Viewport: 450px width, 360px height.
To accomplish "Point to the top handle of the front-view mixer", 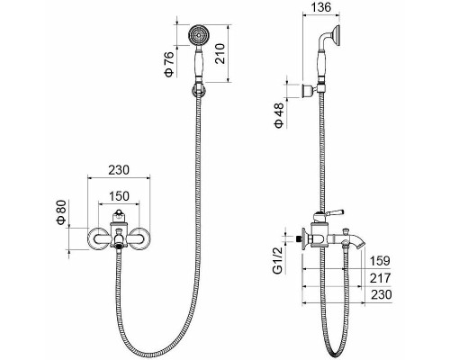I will click(118, 219).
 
